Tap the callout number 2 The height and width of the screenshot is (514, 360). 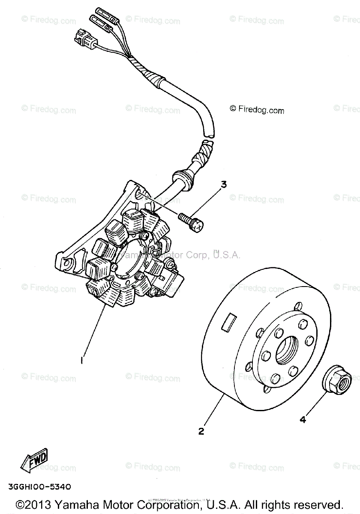[x=201, y=431]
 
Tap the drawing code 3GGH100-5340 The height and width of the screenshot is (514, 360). [x=39, y=487]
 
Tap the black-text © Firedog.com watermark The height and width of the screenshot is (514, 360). [x=257, y=110]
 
